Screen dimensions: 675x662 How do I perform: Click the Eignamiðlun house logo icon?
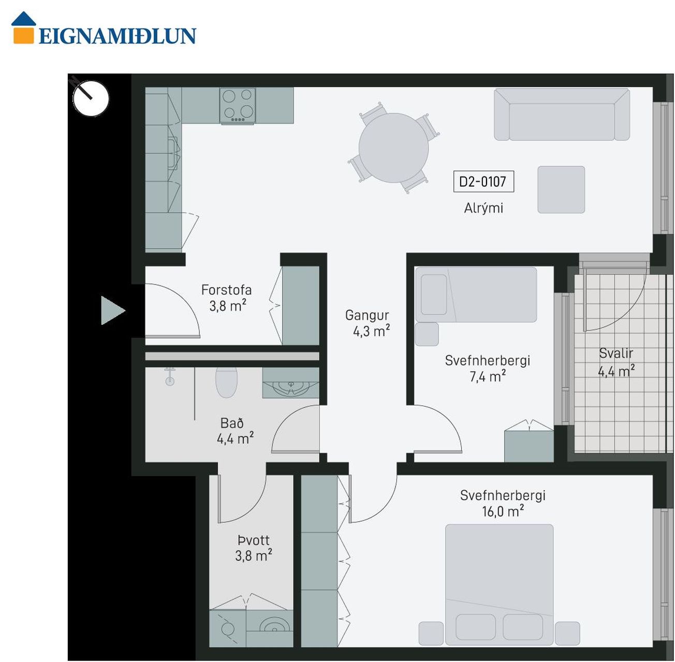[x=23, y=27]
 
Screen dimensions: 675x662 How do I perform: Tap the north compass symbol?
[x=91, y=98]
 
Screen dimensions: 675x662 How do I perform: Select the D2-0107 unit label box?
[x=483, y=182]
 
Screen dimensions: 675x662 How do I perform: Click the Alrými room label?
[x=483, y=208]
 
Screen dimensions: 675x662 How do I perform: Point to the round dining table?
[x=393, y=148]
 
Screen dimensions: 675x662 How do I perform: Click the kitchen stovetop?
[x=238, y=106]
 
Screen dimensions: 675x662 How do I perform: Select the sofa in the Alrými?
[x=562, y=114]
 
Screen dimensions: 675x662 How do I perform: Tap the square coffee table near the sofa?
[x=561, y=189]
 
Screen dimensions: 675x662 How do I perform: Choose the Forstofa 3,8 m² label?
[x=227, y=298]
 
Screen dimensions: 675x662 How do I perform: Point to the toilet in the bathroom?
[x=226, y=382]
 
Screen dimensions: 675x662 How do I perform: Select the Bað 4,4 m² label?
[x=234, y=431]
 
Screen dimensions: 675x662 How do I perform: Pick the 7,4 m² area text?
[x=487, y=377]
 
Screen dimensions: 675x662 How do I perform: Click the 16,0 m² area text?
[x=503, y=511]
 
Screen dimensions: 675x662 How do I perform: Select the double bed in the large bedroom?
[x=499, y=584]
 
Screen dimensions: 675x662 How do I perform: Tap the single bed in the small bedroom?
[x=475, y=294]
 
